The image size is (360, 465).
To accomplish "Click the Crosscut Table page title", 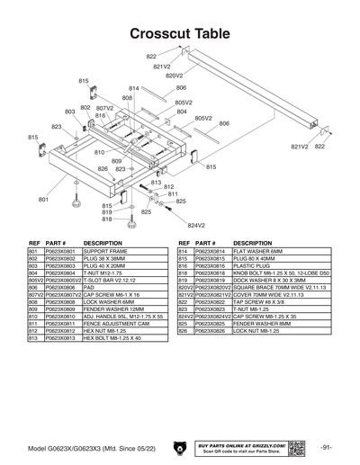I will pos(180,33).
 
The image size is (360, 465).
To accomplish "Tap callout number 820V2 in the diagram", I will pos(174,76).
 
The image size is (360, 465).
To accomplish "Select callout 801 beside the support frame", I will pos(42,199).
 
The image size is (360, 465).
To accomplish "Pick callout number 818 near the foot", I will pos(106,219).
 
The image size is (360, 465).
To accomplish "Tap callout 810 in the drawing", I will pos(99,153).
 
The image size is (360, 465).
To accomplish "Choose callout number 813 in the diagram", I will pos(156,182).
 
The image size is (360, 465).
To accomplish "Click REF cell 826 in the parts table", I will pos(184,330).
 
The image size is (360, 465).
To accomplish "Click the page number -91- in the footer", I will pos(327,446).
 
